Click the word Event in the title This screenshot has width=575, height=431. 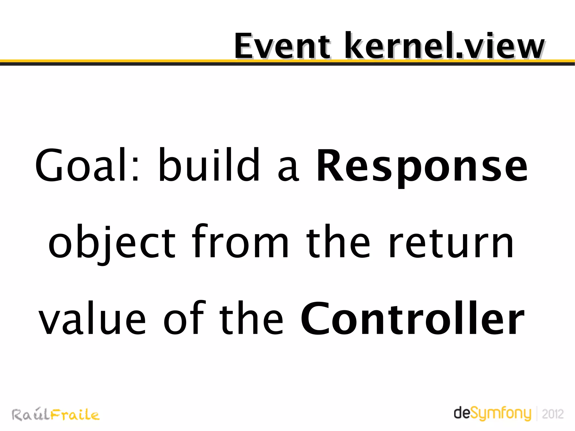(282, 46)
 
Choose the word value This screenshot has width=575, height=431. (93, 319)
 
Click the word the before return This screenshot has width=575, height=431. (338, 242)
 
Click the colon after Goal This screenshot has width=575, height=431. (135, 170)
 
